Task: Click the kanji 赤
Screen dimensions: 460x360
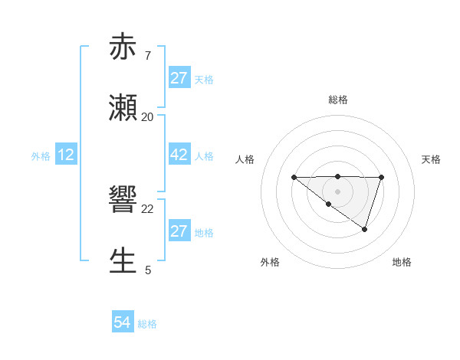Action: pyautogui.click(x=124, y=47)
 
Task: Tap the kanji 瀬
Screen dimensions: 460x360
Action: pyautogui.click(x=124, y=108)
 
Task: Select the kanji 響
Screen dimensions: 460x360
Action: pyautogui.click(x=124, y=201)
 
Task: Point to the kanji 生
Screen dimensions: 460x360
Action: pyautogui.click(x=124, y=261)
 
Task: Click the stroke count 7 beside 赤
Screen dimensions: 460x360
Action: pyautogui.click(x=147, y=56)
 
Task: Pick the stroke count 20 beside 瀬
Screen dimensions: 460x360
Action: pyautogui.click(x=147, y=116)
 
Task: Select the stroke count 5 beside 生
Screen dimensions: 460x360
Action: pyautogui.click(x=147, y=270)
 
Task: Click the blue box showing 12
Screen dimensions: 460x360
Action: pyautogui.click(x=66, y=155)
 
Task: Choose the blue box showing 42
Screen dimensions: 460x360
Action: pyautogui.click(x=179, y=155)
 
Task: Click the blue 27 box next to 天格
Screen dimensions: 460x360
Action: pyautogui.click(x=179, y=78)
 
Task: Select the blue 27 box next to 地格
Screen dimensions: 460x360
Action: pyautogui.click(x=179, y=231)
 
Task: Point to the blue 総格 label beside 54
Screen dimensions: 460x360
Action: pyautogui.click(x=147, y=324)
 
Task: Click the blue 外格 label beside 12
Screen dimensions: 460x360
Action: pyautogui.click(x=41, y=156)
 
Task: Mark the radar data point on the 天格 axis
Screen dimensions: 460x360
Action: pyautogui.click(x=381, y=177)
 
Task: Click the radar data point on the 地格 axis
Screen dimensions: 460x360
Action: pyautogui.click(x=365, y=229)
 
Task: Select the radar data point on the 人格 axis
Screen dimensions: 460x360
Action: pyautogui.click(x=294, y=177)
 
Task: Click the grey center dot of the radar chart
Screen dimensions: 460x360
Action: pyautogui.click(x=337, y=191)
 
